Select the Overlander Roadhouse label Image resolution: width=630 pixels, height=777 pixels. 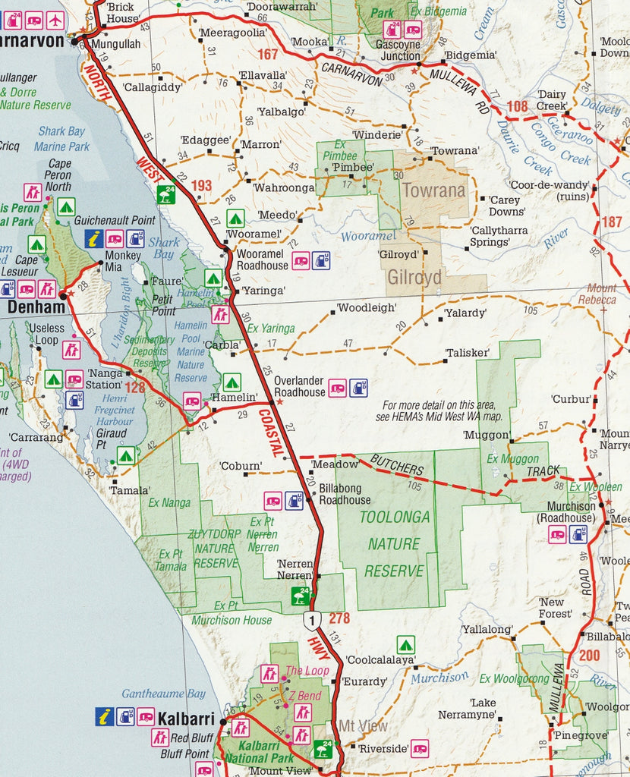pyautogui.click(x=299, y=387)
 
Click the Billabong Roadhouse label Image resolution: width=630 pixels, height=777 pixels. pyautogui.click(x=345, y=494)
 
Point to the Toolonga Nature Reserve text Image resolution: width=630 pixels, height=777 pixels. pyautogui.click(x=394, y=543)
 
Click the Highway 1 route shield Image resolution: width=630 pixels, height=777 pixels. pyautogui.click(x=310, y=620)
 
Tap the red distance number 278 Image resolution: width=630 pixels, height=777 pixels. pyautogui.click(x=339, y=618)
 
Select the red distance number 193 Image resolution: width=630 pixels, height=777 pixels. pyautogui.click(x=201, y=185)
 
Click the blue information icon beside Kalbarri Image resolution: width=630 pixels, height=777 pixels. pyautogui.click(x=104, y=716)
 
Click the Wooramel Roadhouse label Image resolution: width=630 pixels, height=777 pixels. pyautogui.click(x=262, y=260)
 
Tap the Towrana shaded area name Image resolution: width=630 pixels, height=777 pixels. pyautogui.click(x=433, y=190)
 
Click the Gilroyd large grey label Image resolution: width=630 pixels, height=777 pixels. pyautogui.click(x=414, y=278)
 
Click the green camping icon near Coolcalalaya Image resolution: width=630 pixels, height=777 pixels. pyautogui.click(x=406, y=645)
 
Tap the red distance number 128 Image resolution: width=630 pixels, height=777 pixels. pyautogui.click(x=135, y=388)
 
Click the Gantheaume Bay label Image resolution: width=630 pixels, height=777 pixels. pyautogui.click(x=163, y=694)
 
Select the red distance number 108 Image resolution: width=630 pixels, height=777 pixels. pyautogui.click(x=517, y=105)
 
